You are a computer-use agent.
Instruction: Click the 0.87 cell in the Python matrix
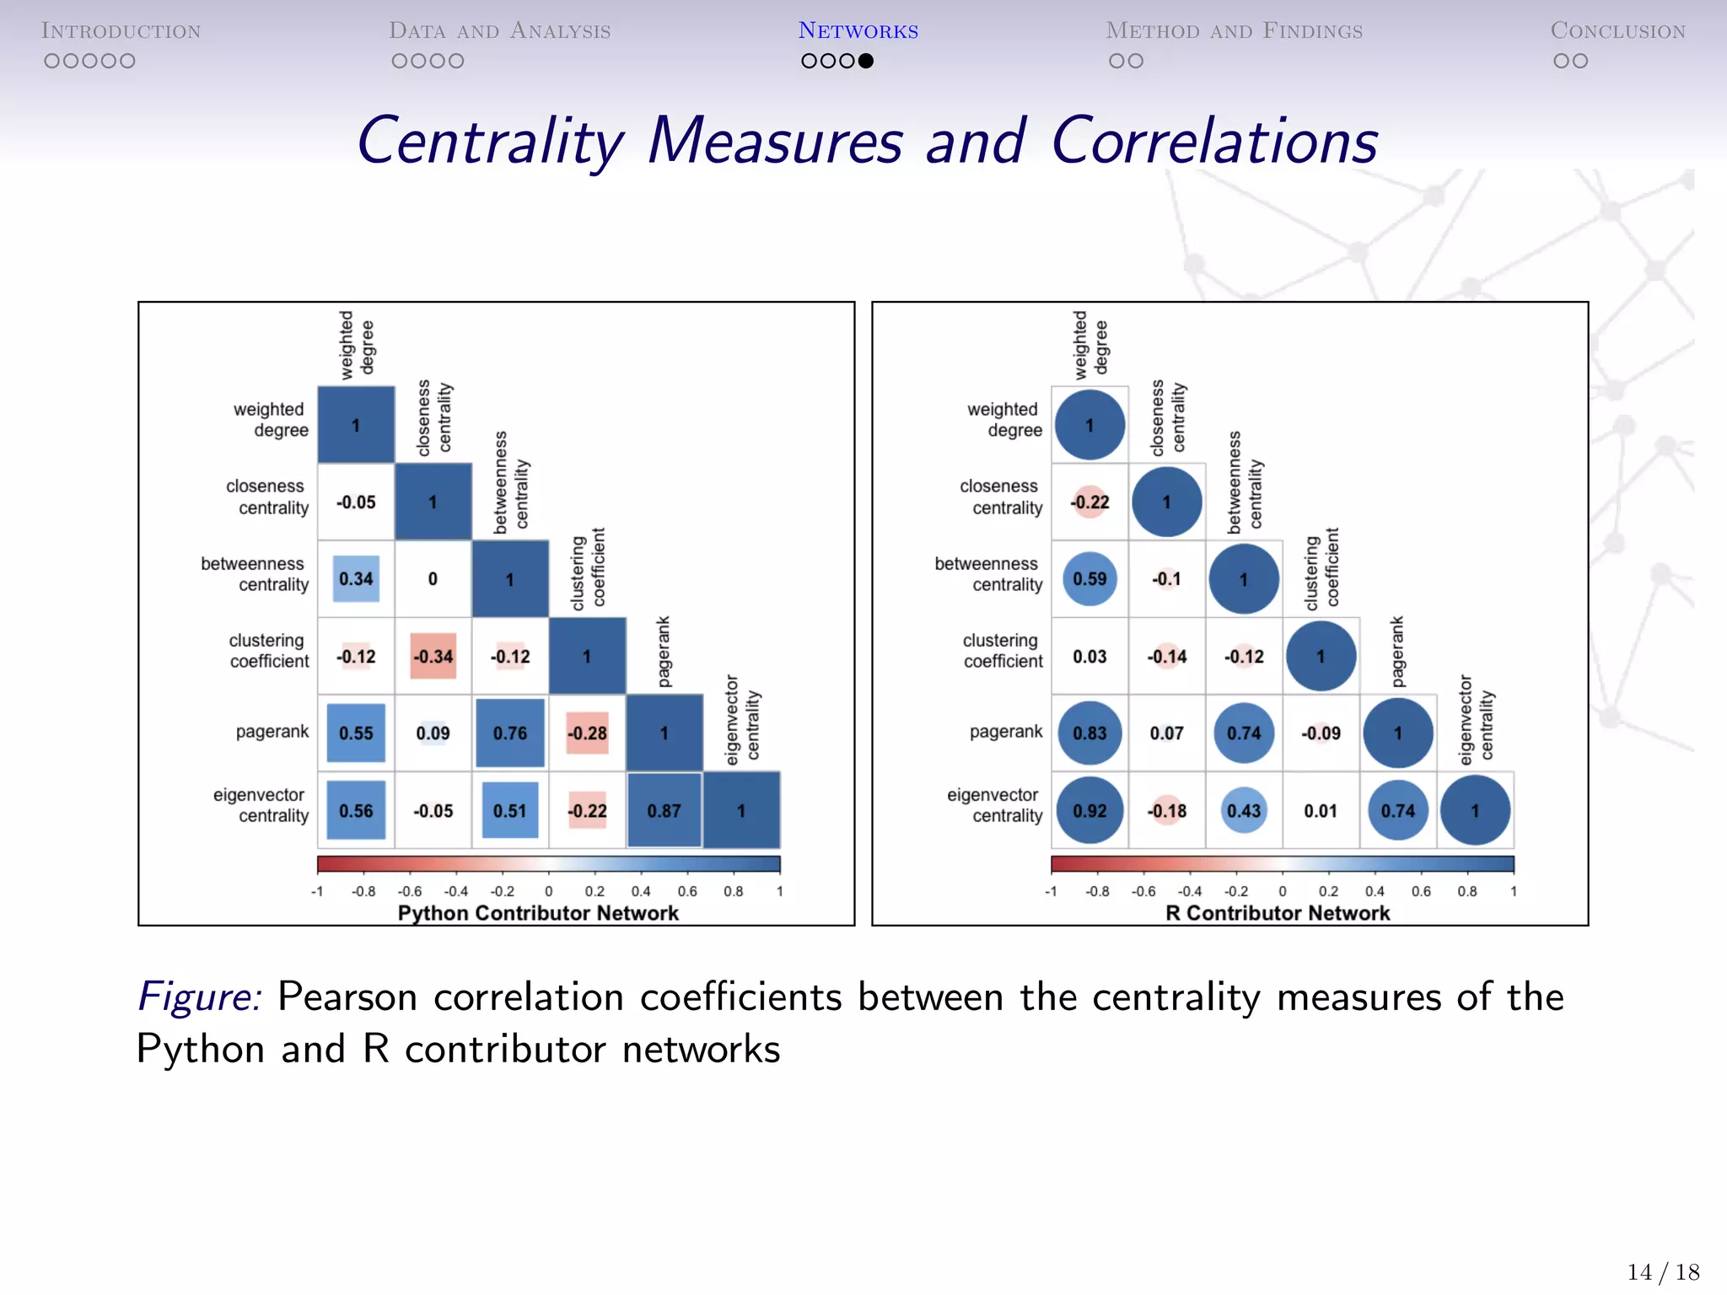coord(664,810)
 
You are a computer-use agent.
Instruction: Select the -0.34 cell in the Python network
coord(433,656)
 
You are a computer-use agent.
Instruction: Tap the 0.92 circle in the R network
coord(1089,810)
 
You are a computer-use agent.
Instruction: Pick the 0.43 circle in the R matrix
coord(1244,810)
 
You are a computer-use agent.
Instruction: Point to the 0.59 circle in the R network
coord(1089,579)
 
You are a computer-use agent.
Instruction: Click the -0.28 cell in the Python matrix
coord(587,733)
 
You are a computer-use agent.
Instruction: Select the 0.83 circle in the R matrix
coord(1089,733)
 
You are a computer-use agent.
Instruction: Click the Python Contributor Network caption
coord(538,913)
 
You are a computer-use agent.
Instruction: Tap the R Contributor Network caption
coord(1278,913)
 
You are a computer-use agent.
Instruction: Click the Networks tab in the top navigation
coord(858,31)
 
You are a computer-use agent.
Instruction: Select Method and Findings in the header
coord(1234,31)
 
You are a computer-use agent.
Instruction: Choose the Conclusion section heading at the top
coord(1617,31)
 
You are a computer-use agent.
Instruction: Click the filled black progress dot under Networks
coord(866,61)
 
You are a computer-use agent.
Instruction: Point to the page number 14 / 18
coord(1663,1271)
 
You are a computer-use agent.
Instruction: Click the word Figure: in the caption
coord(199,997)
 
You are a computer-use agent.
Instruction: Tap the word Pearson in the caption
coord(347,997)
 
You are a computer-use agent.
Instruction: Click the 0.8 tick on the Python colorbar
coord(733,891)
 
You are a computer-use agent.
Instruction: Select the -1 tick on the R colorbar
coord(1051,891)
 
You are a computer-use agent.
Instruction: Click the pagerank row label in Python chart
coord(272,732)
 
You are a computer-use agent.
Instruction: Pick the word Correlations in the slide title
coord(1214,142)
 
